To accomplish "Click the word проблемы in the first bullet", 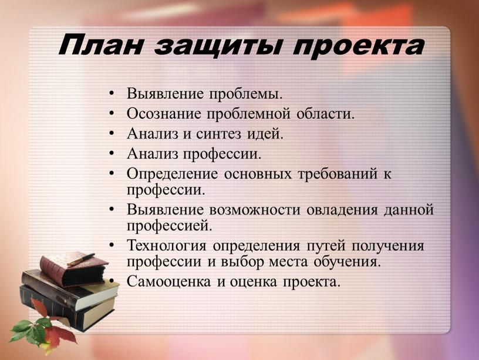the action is pyautogui.click(x=245, y=94).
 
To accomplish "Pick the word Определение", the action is pyautogui.click(x=173, y=174).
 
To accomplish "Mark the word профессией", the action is pyautogui.click(x=169, y=227).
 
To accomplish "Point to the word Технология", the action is pyautogui.click(x=167, y=245).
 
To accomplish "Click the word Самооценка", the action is pyautogui.click(x=168, y=282).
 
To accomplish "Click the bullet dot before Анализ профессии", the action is pyautogui.click(x=112, y=153).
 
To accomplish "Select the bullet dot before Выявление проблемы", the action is pyautogui.click(x=112, y=93).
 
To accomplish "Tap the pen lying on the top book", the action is pyautogui.click(x=81, y=260).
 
